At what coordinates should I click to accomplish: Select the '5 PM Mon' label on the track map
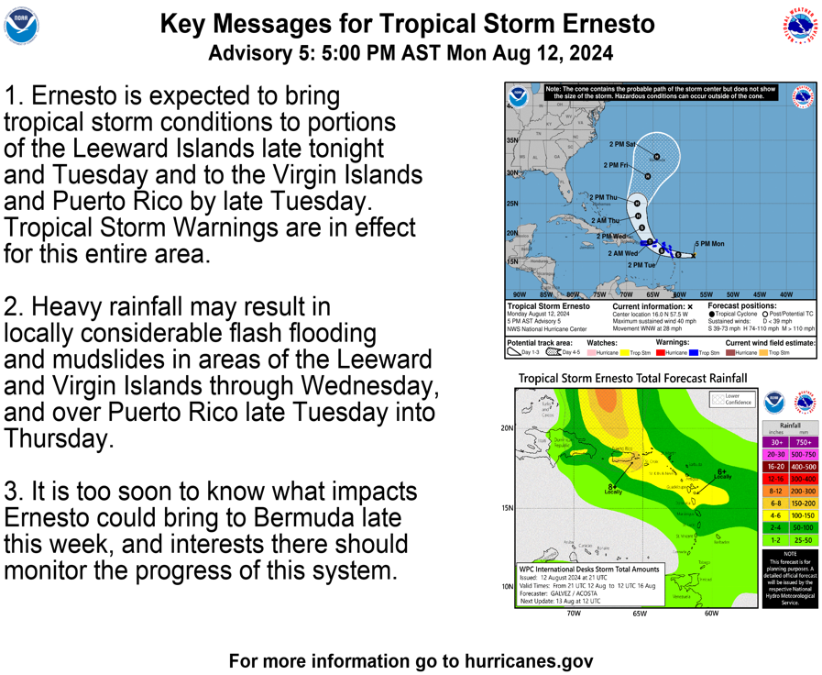point(709,244)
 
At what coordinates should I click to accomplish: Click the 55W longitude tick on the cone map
point(706,294)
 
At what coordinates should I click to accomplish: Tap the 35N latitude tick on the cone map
point(512,141)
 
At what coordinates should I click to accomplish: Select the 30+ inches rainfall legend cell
point(775,441)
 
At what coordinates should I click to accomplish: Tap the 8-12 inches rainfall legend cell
point(775,491)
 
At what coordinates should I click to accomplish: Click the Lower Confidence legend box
point(720,400)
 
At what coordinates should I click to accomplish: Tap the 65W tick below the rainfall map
point(638,613)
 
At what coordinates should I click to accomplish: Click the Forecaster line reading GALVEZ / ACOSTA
point(572,592)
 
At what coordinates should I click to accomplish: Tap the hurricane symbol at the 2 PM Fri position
point(648,176)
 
